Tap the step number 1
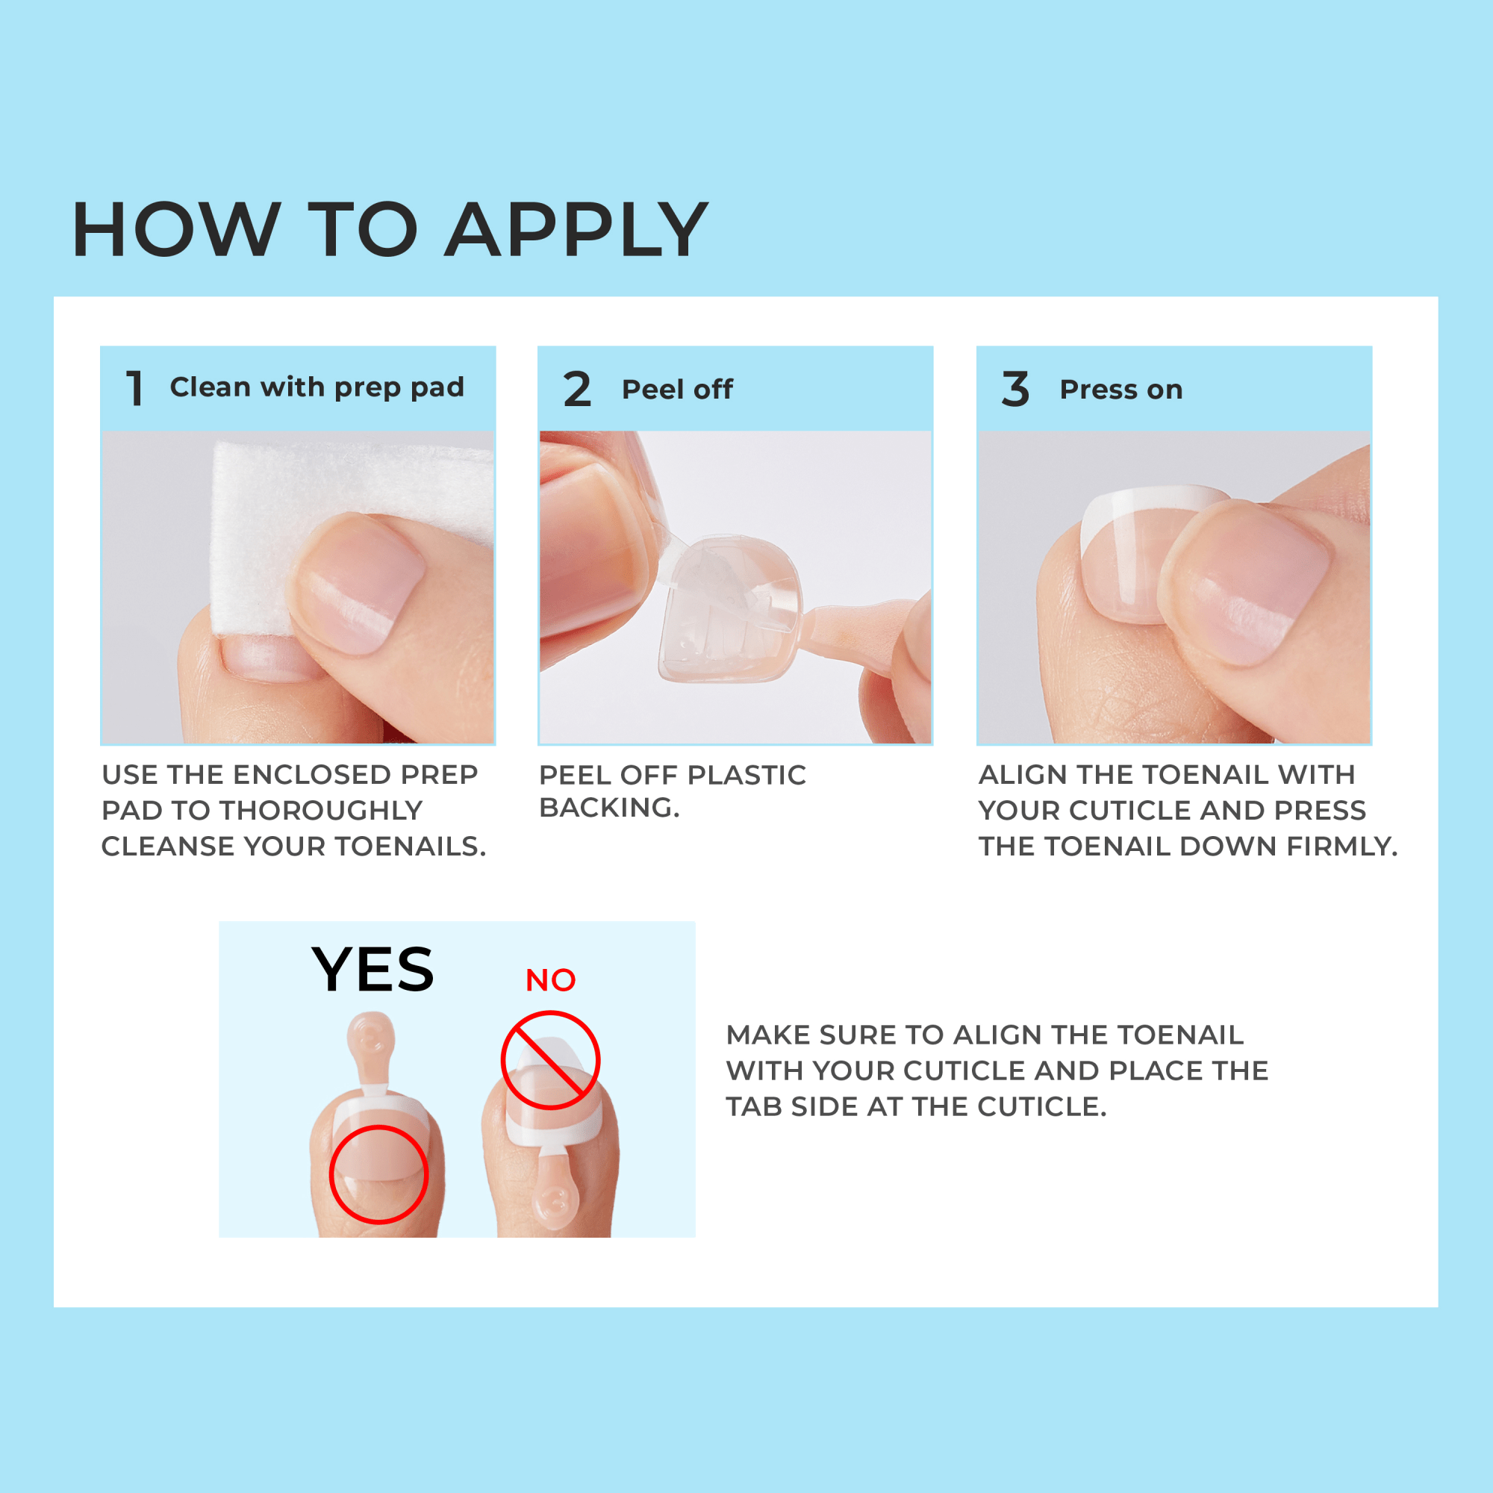(x=134, y=388)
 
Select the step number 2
(x=576, y=389)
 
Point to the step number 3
(x=1014, y=389)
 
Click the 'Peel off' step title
(x=677, y=390)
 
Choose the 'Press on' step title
(x=1120, y=390)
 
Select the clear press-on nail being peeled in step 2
(x=726, y=611)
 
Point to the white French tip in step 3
(x=1151, y=502)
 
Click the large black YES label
(x=373, y=970)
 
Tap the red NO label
(x=550, y=981)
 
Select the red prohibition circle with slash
(x=550, y=1060)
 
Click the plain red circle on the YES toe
(x=378, y=1173)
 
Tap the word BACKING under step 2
(x=608, y=808)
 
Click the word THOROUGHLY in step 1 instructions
(x=321, y=810)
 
